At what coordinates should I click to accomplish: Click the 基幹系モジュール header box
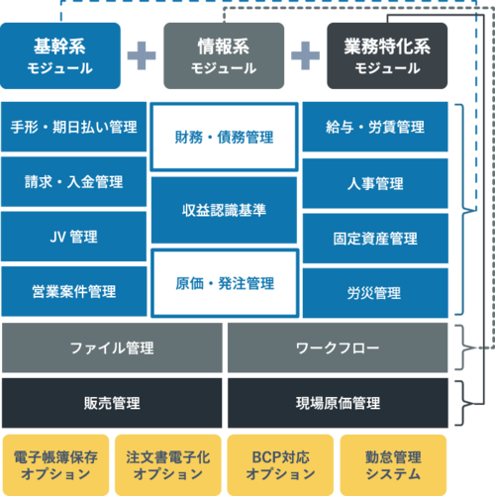(x=60, y=55)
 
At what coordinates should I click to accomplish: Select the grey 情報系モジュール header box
(x=224, y=55)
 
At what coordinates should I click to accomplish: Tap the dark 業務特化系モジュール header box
(x=387, y=55)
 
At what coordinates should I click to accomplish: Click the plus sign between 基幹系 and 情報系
(x=142, y=55)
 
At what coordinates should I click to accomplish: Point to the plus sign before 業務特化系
(x=305, y=55)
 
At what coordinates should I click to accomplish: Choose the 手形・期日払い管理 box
(x=74, y=127)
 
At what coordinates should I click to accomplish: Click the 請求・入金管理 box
(x=74, y=182)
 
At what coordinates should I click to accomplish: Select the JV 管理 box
(x=74, y=237)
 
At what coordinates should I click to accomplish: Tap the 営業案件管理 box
(x=74, y=291)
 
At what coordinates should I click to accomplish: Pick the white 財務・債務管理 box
(x=224, y=137)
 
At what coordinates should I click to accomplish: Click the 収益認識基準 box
(x=224, y=210)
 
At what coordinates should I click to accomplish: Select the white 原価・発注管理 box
(x=225, y=283)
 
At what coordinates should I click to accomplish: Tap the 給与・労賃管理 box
(x=375, y=127)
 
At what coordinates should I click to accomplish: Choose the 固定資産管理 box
(x=375, y=239)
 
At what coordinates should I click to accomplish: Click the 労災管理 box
(x=375, y=293)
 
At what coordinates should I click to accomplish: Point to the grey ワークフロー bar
(x=338, y=347)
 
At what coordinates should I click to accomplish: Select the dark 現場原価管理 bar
(x=338, y=403)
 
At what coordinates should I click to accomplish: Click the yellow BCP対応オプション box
(x=280, y=465)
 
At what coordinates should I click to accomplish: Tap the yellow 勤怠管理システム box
(x=393, y=465)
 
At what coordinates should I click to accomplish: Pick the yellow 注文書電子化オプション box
(x=168, y=465)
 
